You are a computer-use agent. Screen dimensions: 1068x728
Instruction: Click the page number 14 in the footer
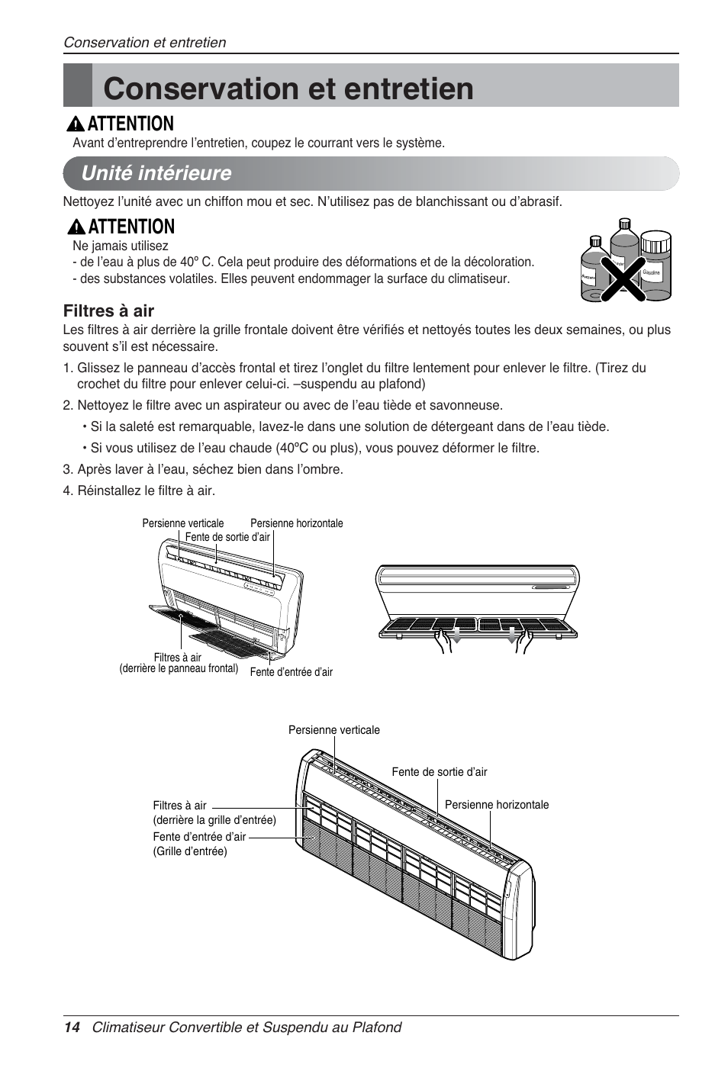[71, 1028]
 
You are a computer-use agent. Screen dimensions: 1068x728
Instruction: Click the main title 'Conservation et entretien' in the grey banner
[288, 88]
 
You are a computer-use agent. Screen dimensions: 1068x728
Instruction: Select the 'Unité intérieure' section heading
[156, 173]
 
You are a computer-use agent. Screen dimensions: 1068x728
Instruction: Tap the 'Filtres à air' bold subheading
[108, 310]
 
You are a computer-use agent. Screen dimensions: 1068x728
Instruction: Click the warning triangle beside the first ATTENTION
[76, 124]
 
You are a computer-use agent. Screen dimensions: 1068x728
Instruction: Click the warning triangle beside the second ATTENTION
[76, 227]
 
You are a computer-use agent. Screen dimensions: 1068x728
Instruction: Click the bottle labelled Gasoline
[654, 263]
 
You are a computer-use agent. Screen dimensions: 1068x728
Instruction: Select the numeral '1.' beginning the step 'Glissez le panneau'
[68, 368]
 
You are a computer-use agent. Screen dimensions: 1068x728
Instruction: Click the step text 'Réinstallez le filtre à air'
[146, 491]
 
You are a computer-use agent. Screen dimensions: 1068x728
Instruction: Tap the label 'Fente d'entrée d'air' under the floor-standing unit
[291, 672]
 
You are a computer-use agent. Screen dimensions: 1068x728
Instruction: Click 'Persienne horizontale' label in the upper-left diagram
[296, 523]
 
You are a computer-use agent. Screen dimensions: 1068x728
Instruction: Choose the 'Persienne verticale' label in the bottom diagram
[333, 730]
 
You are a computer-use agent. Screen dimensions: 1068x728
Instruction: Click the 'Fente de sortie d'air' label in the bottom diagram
[439, 772]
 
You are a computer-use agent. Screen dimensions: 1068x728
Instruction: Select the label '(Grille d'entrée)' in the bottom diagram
[190, 851]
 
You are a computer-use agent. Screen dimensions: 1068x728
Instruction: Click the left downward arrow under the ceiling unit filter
[456, 636]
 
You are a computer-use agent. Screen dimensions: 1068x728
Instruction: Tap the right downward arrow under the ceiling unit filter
[513, 636]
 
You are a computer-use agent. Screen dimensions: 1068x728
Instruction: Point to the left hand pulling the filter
[443, 642]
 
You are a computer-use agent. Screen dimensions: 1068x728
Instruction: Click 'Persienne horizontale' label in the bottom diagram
[496, 805]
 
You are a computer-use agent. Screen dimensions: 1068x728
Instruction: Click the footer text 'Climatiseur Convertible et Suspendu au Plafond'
[246, 1028]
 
